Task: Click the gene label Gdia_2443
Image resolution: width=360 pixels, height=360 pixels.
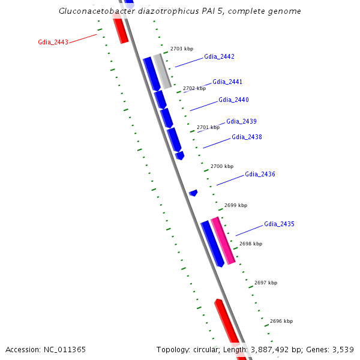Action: pyautogui.click(x=53, y=42)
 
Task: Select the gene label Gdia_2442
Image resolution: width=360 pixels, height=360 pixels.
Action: pyautogui.click(x=219, y=56)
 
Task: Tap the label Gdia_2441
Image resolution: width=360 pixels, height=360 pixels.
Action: pyautogui.click(x=227, y=82)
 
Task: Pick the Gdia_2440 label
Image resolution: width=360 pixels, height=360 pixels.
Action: pyautogui.click(x=233, y=100)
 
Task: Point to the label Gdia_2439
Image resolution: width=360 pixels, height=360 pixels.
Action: pyautogui.click(x=241, y=121)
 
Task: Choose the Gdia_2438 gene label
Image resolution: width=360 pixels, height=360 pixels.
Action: pyautogui.click(x=247, y=137)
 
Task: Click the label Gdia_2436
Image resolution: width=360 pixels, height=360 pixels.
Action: pyautogui.click(x=260, y=174)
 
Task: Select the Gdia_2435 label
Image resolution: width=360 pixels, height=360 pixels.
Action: pyautogui.click(x=279, y=224)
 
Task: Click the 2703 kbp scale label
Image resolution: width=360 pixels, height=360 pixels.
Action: pyautogui.click(x=182, y=48)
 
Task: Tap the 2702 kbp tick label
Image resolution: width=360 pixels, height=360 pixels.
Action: pyautogui.click(x=194, y=88)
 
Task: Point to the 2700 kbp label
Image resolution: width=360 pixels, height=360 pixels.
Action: pyautogui.click(x=222, y=166)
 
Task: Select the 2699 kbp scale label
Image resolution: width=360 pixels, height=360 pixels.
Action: pyautogui.click(x=236, y=205)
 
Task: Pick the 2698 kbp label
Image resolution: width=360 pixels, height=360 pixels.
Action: pyautogui.click(x=251, y=244)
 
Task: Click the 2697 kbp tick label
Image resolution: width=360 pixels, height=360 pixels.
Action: pyautogui.click(x=266, y=282)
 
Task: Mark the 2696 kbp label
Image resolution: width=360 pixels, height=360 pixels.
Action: pyautogui.click(x=281, y=321)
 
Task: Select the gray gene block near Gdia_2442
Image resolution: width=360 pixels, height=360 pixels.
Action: pyautogui.click(x=162, y=71)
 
